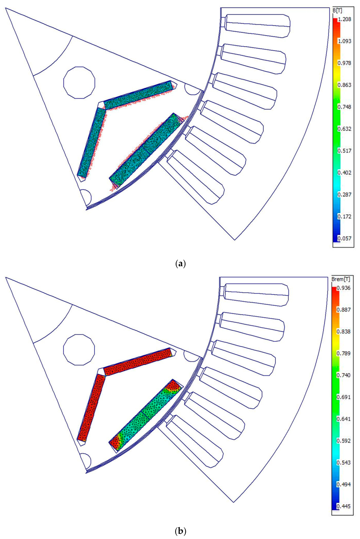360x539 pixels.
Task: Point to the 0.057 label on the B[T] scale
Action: tap(345, 238)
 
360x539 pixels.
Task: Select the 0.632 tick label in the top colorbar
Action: tap(345, 129)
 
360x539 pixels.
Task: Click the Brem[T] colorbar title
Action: tap(341, 279)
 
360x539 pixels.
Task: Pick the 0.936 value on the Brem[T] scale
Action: tap(344, 288)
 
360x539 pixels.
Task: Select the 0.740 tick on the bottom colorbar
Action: tap(344, 375)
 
